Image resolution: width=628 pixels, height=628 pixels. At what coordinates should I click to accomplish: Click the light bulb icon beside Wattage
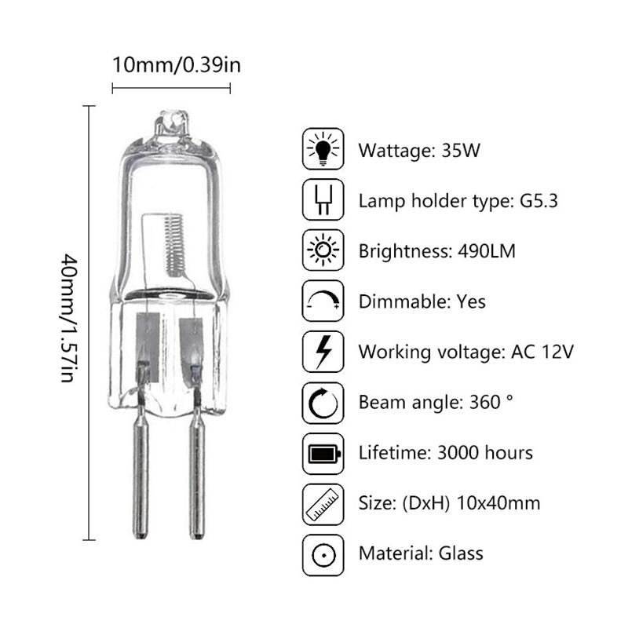point(323,149)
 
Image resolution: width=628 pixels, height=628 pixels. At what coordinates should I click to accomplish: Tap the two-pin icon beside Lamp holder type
point(323,200)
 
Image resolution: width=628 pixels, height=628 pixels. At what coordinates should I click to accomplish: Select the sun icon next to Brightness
point(323,250)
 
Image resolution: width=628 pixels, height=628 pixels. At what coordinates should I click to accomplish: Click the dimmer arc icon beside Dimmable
point(323,301)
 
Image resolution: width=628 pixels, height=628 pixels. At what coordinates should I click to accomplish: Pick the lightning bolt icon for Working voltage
point(323,352)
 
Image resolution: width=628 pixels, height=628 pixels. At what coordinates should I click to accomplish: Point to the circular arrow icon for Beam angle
point(323,403)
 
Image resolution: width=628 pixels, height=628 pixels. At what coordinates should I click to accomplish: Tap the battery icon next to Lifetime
point(323,453)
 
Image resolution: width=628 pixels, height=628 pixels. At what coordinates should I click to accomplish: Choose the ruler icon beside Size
point(323,503)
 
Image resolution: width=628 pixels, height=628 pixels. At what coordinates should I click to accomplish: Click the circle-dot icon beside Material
point(323,553)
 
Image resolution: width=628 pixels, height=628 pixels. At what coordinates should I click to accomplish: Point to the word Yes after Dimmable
point(470,301)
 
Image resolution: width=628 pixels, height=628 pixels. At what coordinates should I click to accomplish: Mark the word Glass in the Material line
point(459,553)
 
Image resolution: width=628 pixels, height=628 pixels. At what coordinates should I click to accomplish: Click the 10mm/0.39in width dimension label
point(177,64)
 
